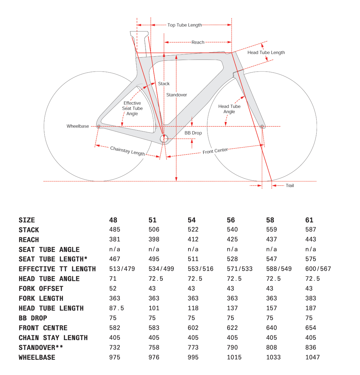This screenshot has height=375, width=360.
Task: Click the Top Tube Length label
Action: click(x=184, y=25)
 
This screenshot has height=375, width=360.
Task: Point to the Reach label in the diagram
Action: click(x=198, y=42)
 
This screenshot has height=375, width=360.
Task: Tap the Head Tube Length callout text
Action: click(x=266, y=53)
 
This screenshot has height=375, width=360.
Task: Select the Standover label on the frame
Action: click(x=177, y=95)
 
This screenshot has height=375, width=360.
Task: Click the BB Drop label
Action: click(x=193, y=133)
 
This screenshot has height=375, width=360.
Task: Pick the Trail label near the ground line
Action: click(x=289, y=186)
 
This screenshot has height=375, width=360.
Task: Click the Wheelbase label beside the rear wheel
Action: click(x=78, y=126)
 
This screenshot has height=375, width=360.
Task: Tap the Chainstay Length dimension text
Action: click(x=127, y=151)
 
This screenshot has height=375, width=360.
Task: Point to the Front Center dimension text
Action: click(x=215, y=151)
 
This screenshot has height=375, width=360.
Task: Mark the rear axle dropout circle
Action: click(x=99, y=126)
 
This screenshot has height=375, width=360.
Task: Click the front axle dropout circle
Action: click(x=262, y=126)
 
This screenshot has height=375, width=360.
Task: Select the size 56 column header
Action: click(x=231, y=220)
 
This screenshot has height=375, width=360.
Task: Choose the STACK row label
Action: click(x=29, y=230)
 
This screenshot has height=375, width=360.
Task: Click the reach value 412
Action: click(x=193, y=239)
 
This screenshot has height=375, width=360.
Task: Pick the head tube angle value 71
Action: click(x=113, y=279)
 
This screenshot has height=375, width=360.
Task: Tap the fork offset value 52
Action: click(x=113, y=289)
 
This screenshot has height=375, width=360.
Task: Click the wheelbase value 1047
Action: click(x=312, y=357)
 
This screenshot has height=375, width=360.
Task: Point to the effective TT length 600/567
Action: click(x=318, y=269)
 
